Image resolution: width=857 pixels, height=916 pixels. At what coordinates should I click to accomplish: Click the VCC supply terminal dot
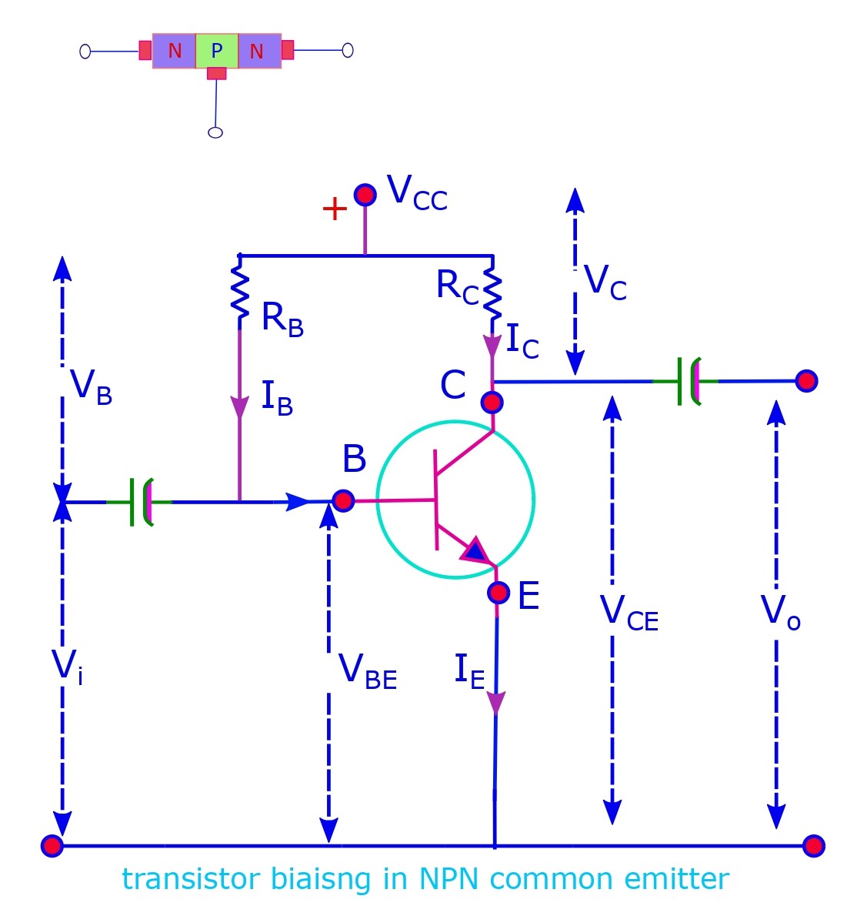tap(365, 194)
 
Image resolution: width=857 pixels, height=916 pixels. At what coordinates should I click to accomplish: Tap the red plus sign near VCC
tap(335, 209)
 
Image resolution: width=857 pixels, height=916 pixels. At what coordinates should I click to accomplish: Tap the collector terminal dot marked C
tap(492, 402)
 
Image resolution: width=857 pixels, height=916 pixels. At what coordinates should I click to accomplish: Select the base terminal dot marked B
tap(343, 501)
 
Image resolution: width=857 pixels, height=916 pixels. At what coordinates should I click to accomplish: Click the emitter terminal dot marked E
tap(499, 593)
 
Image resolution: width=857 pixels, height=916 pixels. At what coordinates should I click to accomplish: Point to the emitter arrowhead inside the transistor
tap(475, 550)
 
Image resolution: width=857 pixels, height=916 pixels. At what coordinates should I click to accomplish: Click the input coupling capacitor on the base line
tap(139, 502)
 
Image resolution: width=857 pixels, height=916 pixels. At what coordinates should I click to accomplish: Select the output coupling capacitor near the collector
tap(689, 381)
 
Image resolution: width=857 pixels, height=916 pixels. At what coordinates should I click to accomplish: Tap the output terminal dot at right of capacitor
tap(806, 380)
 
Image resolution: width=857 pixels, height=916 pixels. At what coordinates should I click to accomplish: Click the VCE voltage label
tap(629, 613)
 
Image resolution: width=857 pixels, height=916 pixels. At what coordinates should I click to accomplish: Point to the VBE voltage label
tap(368, 670)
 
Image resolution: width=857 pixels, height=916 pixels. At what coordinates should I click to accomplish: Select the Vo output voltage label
tap(780, 613)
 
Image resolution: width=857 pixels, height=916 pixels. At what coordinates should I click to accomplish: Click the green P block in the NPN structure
tap(217, 52)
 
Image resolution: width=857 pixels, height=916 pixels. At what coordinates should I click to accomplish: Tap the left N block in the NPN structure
tap(175, 52)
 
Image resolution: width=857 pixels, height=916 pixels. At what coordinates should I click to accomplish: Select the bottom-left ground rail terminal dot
tap(52, 846)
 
